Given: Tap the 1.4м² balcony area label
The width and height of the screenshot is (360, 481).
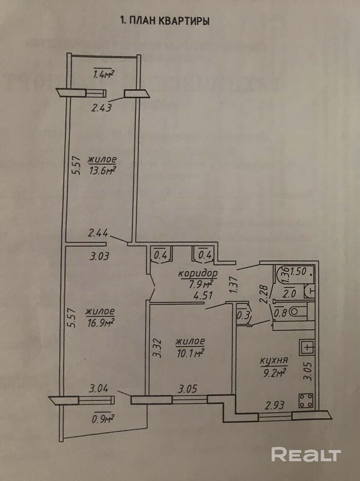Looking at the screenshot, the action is (x=103, y=73).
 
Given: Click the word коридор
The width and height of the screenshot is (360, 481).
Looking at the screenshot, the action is (x=198, y=274).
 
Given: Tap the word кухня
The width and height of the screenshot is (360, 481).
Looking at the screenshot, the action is (x=273, y=361).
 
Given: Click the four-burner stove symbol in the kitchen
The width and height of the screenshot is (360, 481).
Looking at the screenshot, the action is (x=307, y=399).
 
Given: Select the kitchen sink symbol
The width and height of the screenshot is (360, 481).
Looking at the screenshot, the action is (x=307, y=347).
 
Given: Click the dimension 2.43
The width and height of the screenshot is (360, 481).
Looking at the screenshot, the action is (x=102, y=109).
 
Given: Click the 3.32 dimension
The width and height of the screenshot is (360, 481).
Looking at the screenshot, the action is (x=157, y=349).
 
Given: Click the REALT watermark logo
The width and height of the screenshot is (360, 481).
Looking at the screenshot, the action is (x=305, y=454).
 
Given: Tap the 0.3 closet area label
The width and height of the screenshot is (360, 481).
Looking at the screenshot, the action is (x=243, y=315).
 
